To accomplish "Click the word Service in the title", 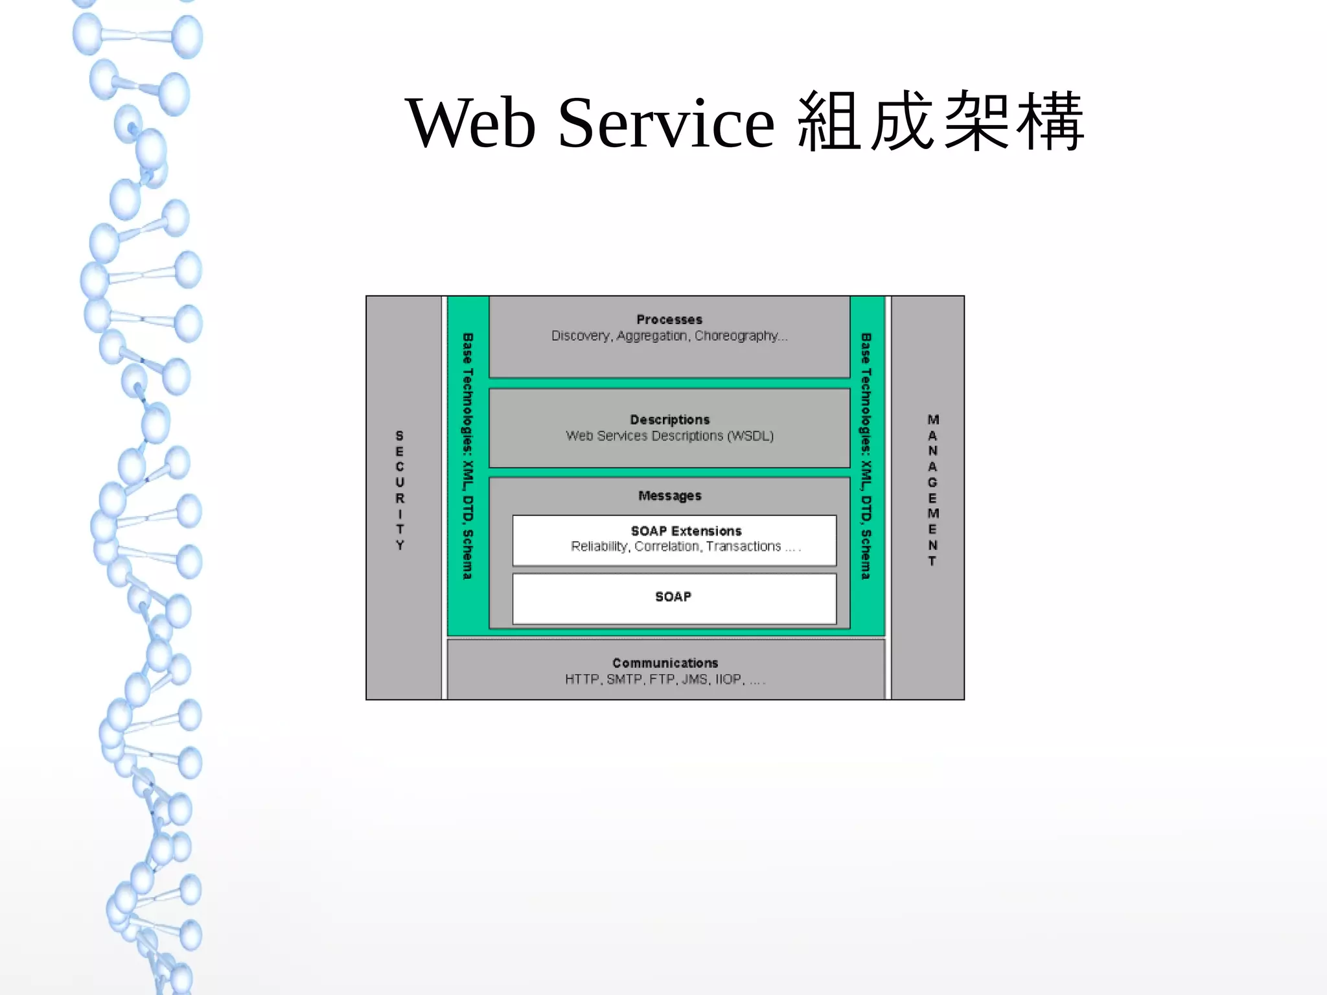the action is (x=665, y=123).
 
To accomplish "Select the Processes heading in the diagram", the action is (x=669, y=320).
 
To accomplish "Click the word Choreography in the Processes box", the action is (x=737, y=336).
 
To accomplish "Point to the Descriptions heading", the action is (x=669, y=419).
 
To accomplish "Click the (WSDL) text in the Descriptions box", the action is (x=750, y=436).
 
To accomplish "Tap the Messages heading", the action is (x=669, y=496).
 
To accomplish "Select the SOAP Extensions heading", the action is (x=686, y=531).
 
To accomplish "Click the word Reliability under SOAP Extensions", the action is (x=599, y=546).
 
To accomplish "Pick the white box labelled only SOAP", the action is (x=674, y=598).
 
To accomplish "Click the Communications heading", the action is (x=665, y=663).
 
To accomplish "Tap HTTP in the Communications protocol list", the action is (x=581, y=679).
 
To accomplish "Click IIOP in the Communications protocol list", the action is (x=728, y=679).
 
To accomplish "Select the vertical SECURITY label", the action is (x=400, y=490).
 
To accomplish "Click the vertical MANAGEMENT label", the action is (x=932, y=490).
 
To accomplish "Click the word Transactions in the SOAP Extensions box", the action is (x=743, y=546).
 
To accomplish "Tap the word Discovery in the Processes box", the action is (x=581, y=336).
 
